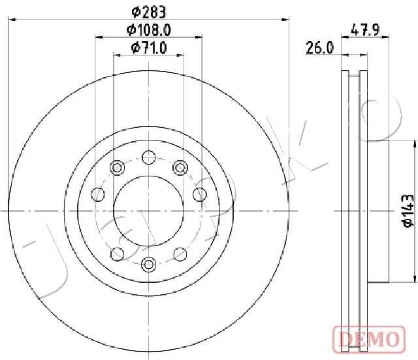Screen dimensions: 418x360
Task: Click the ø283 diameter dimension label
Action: tap(149, 12)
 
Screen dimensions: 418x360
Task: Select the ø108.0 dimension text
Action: tap(149, 30)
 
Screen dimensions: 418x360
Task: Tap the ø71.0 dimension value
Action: tap(149, 48)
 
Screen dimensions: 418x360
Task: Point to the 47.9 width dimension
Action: tap(365, 29)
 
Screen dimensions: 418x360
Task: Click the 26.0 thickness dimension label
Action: tap(319, 48)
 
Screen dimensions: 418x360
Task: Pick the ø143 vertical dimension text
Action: tap(408, 210)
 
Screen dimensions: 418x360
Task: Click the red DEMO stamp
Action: tap(369, 339)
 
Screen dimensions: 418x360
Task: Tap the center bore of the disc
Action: tap(149, 211)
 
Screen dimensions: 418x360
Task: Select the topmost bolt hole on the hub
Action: tap(149, 157)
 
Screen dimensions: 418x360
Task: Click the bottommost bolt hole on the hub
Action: tap(149, 264)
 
